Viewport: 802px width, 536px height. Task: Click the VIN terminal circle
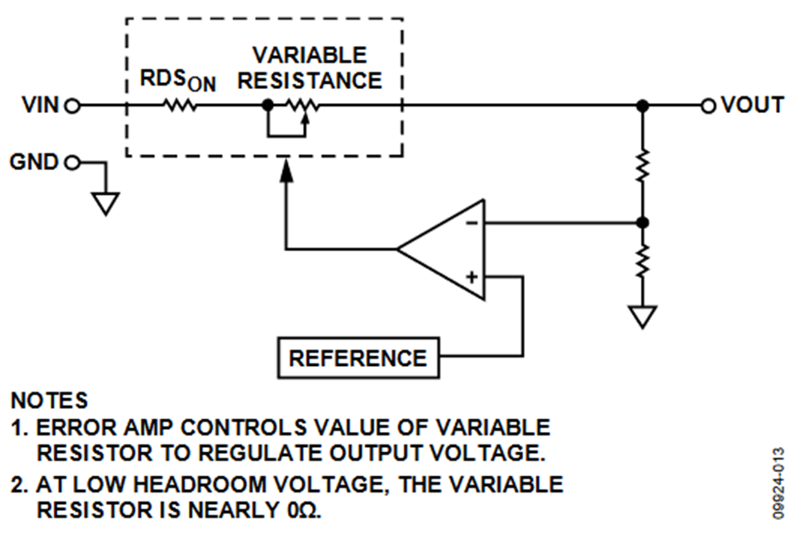click(x=74, y=106)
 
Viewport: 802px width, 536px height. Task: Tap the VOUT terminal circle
click(x=708, y=106)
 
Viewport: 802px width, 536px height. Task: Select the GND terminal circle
click(x=73, y=163)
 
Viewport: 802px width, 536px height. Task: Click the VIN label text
click(x=40, y=105)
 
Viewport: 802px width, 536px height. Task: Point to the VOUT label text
click(x=752, y=105)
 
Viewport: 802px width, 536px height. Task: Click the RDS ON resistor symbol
click(x=180, y=106)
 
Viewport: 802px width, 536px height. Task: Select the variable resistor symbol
click(x=302, y=110)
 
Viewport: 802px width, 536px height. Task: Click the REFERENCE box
click(x=358, y=358)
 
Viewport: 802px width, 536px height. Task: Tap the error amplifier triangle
click(x=441, y=249)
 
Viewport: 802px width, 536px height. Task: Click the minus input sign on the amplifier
click(x=471, y=223)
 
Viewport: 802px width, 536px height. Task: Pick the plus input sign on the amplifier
click(x=471, y=277)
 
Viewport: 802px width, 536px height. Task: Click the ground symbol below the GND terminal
click(x=106, y=203)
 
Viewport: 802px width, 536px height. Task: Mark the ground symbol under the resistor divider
click(x=642, y=316)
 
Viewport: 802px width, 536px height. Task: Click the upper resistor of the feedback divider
click(x=642, y=166)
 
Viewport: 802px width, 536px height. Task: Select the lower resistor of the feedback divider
click(x=642, y=261)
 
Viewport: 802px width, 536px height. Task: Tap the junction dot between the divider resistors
click(x=642, y=223)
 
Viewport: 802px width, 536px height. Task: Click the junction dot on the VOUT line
click(x=642, y=106)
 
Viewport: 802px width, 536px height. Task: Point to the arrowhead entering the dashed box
click(x=287, y=170)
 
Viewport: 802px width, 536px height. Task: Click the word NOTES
click(x=49, y=401)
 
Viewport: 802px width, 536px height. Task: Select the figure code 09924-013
click(x=779, y=483)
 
